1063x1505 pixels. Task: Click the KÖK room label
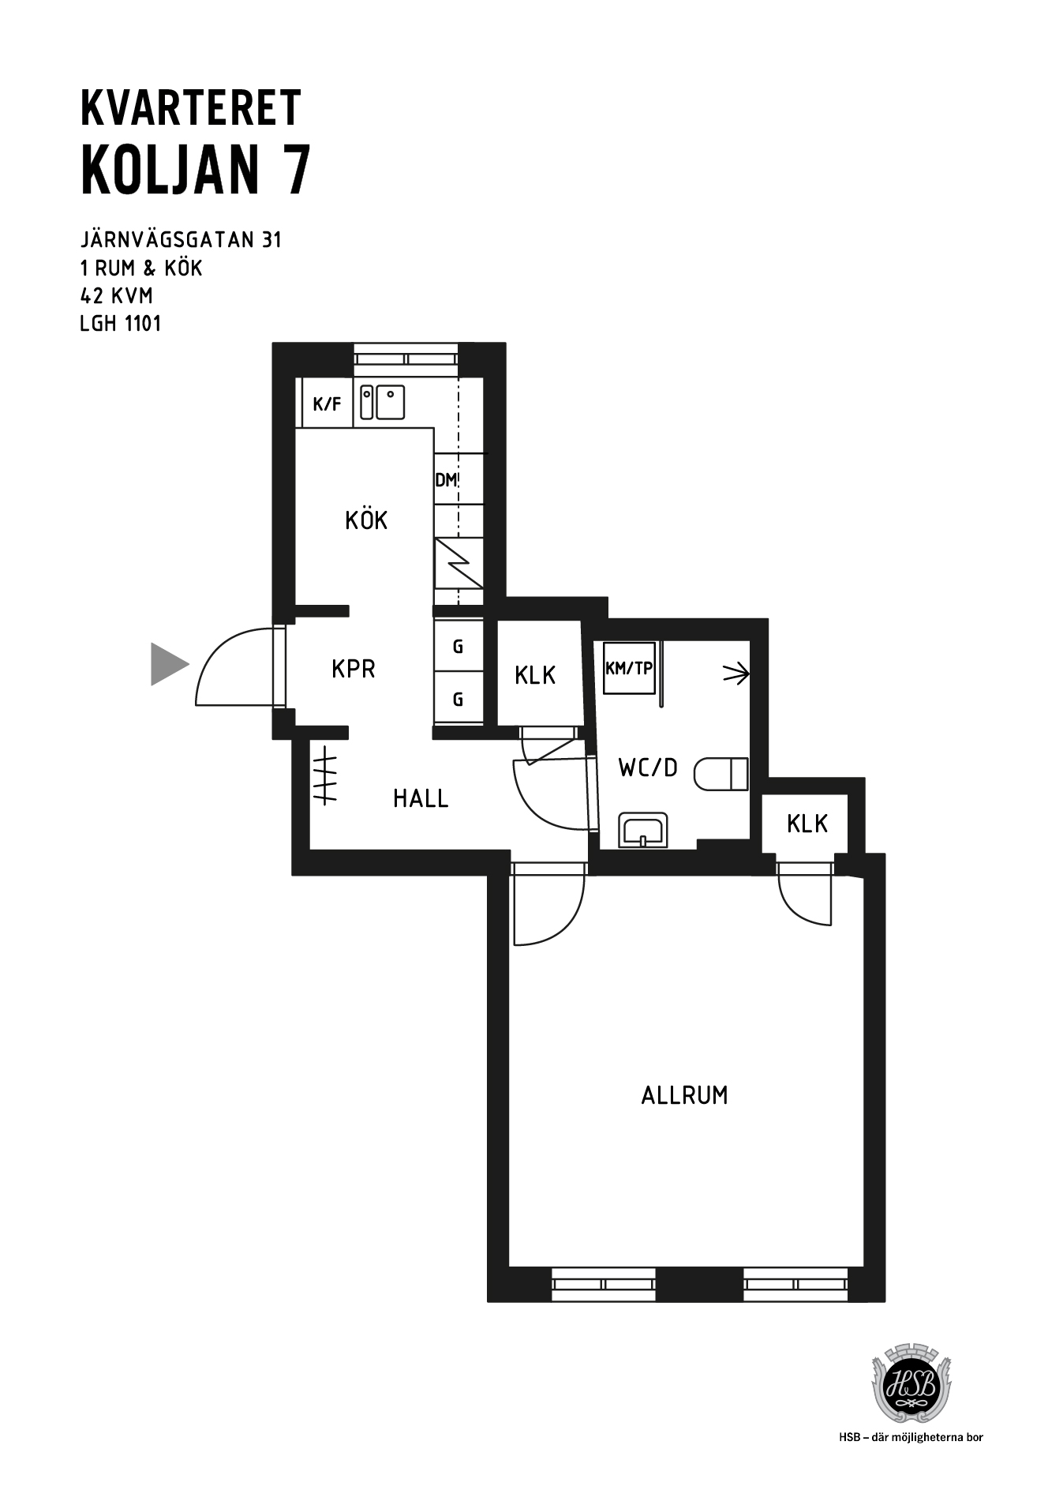pyautogui.click(x=366, y=520)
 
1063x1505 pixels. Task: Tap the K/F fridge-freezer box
pyautogui.click(x=328, y=403)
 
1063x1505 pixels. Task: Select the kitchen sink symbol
pyautogui.click(x=383, y=402)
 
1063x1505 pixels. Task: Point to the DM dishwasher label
pyautogui.click(x=445, y=479)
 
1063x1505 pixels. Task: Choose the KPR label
pyautogui.click(x=353, y=669)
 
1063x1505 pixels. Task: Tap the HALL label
pyautogui.click(x=421, y=798)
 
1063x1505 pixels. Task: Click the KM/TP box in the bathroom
pyautogui.click(x=629, y=668)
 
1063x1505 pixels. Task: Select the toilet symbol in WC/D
pyautogui.click(x=721, y=774)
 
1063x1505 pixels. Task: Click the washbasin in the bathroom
pyautogui.click(x=643, y=830)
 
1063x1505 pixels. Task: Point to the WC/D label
pyautogui.click(x=648, y=768)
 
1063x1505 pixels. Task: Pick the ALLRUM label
pyautogui.click(x=684, y=1095)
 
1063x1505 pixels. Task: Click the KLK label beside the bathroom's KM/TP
pyautogui.click(x=535, y=675)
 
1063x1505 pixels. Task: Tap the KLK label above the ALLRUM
pyautogui.click(x=807, y=824)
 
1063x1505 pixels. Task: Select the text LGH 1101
pyautogui.click(x=121, y=324)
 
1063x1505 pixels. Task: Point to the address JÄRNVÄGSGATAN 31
pyautogui.click(x=181, y=238)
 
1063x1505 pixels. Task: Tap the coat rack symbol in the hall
pyautogui.click(x=324, y=775)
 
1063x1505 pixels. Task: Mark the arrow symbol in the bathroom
pyautogui.click(x=736, y=674)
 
